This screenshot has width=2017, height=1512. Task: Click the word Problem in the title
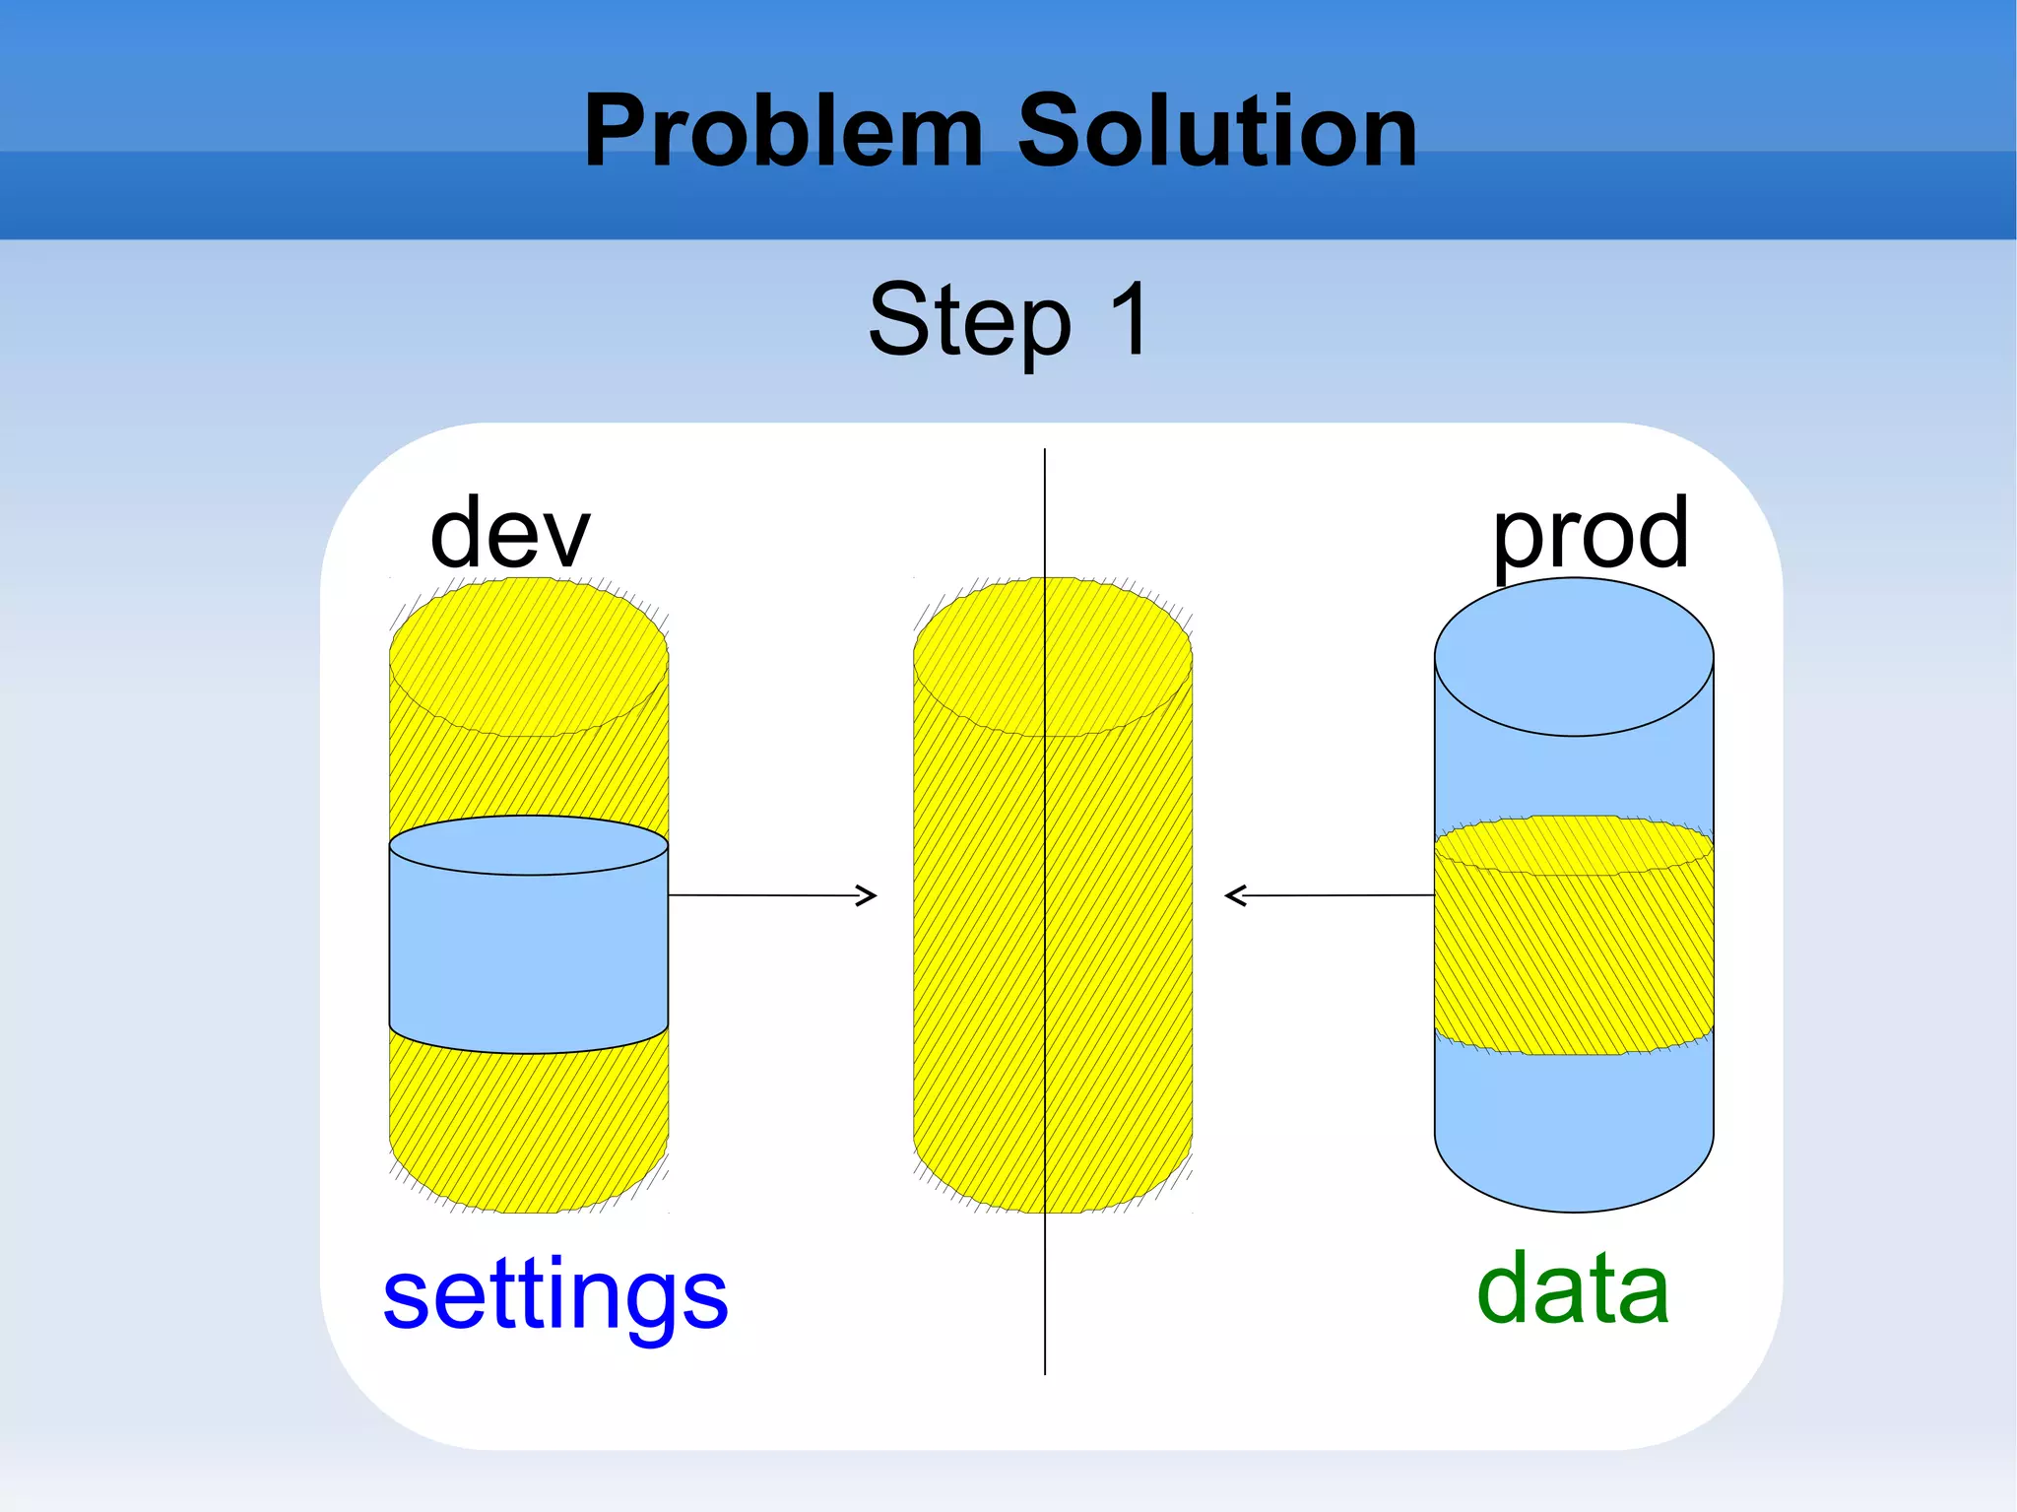coord(783,131)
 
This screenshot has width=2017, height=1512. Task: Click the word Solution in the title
coord(1216,131)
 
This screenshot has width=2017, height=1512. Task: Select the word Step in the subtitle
coord(969,320)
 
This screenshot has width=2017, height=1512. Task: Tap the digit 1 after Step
coord(1131,317)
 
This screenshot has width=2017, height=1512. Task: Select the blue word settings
coord(555,1295)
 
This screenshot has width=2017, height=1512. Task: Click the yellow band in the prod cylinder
coord(1573,951)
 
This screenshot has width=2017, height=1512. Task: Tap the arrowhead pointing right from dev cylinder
coord(868,895)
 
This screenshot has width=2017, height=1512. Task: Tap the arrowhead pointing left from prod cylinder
coord(1235,895)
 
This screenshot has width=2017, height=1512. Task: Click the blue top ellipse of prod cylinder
coord(1573,656)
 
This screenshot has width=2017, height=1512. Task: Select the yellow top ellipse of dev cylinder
coord(528,656)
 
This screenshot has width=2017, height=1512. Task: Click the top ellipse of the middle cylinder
coord(1052,656)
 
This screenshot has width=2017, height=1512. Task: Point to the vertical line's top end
coord(1045,451)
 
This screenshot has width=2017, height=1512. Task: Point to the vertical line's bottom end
coord(1045,1372)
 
